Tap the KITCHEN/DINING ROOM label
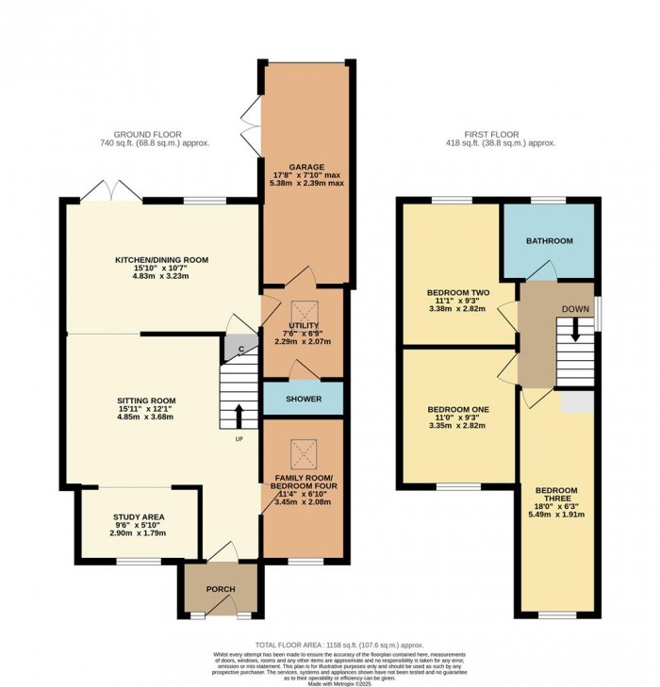pyautogui.click(x=161, y=260)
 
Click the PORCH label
pyautogui.click(x=220, y=589)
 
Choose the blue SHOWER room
pyautogui.click(x=303, y=399)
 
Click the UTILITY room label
pyautogui.click(x=304, y=325)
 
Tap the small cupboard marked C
pyautogui.click(x=240, y=350)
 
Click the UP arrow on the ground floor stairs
pyautogui.click(x=238, y=416)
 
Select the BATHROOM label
pyautogui.click(x=549, y=241)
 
